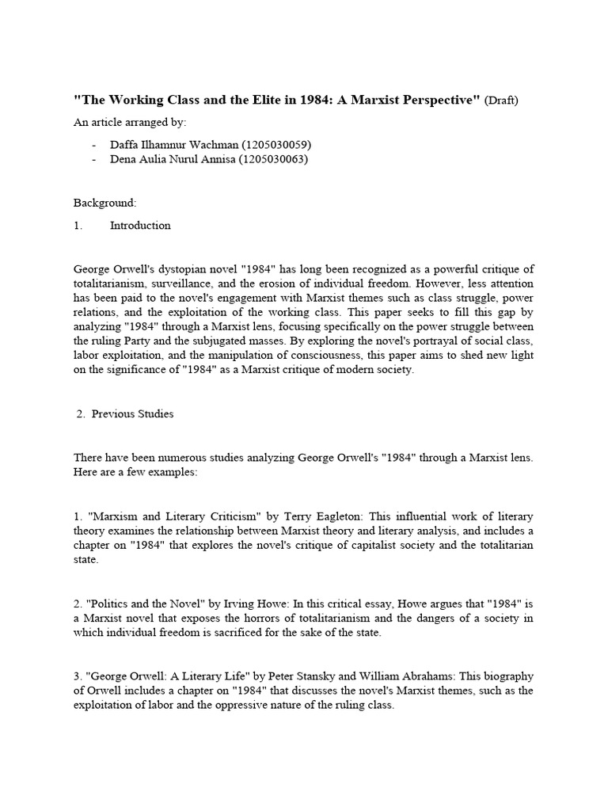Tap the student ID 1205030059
[279, 144]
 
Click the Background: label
[104, 203]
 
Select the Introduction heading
[140, 226]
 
